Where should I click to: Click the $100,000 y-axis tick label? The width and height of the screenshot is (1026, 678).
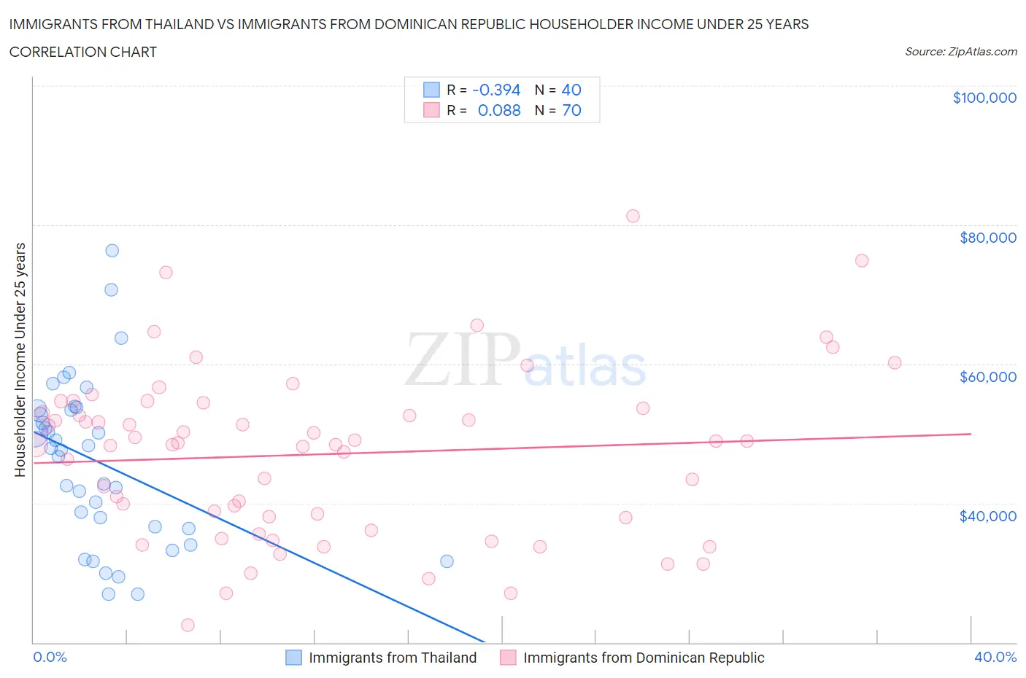[x=984, y=98]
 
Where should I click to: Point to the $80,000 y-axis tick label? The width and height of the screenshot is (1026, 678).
[x=988, y=238]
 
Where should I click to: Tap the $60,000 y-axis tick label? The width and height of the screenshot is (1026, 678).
[x=988, y=377]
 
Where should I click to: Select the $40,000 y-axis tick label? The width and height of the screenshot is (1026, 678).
[x=988, y=516]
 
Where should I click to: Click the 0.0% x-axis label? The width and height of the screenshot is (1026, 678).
[x=50, y=657]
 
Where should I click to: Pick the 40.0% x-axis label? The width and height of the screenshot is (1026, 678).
[x=995, y=657]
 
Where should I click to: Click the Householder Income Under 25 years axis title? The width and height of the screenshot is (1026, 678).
[x=20, y=359]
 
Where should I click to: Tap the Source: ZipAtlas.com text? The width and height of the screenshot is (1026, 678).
[x=960, y=52]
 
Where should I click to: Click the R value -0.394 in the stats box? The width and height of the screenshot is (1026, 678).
[x=496, y=90]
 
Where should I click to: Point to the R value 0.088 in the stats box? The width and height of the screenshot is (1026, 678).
[x=499, y=110]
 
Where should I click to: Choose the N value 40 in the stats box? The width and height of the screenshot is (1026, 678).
[x=571, y=90]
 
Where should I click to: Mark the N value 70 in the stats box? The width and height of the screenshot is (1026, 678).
[x=571, y=110]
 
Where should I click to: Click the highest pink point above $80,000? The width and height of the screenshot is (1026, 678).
[x=633, y=216]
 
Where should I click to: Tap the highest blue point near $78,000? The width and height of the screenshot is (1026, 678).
[x=112, y=250]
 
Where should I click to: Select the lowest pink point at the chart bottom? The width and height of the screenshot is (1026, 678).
[x=188, y=625]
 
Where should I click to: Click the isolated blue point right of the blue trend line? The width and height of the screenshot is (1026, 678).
[x=447, y=561]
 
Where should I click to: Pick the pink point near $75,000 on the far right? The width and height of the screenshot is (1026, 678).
[x=862, y=260]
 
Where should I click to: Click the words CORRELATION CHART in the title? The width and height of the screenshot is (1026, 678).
[x=83, y=52]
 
